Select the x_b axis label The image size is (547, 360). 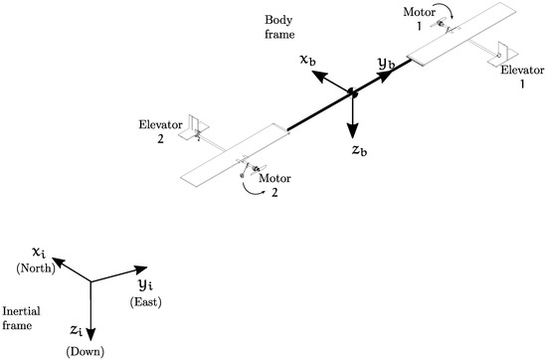(x=309, y=61)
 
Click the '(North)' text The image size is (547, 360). (x=34, y=270)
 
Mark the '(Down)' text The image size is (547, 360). (x=84, y=350)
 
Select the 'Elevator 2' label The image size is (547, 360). (x=159, y=130)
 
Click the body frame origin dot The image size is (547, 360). (x=351, y=93)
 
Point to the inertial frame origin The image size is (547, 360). (x=91, y=281)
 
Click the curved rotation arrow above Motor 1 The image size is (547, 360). (x=445, y=10)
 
